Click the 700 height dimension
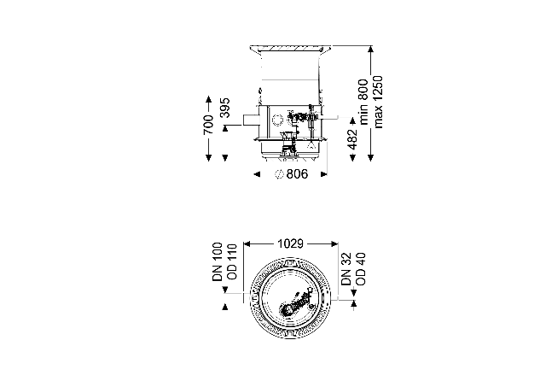[x=208, y=125]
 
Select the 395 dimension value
[x=225, y=108]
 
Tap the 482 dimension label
[x=352, y=139]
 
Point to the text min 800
[x=363, y=102]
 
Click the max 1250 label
[x=378, y=102]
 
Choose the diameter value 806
[x=297, y=174]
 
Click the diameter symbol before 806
[x=279, y=174]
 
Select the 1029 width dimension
[x=290, y=243]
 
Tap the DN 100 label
[x=218, y=261]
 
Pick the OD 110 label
[x=231, y=261]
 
